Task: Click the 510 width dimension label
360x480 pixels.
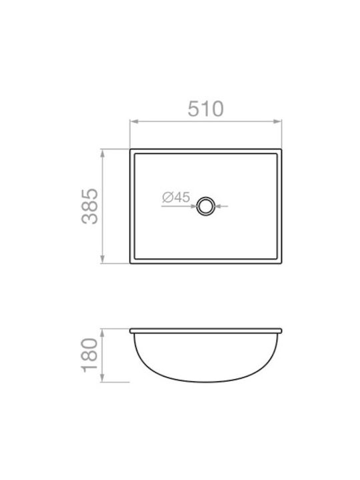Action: point(206,109)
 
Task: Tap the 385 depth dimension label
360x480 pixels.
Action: point(90,206)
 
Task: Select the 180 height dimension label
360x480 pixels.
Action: point(90,355)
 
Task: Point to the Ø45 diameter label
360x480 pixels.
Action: point(176,197)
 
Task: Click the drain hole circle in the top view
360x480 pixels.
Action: point(206,206)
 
